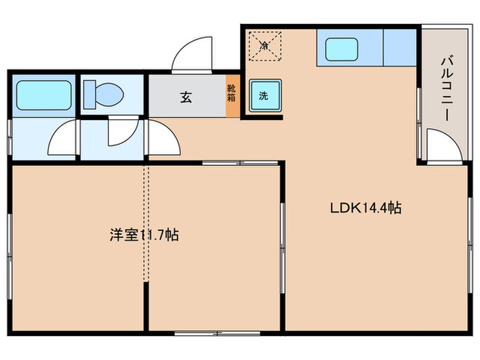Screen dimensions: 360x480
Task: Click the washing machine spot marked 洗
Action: click(264, 97)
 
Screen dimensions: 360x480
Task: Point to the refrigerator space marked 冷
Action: click(265, 46)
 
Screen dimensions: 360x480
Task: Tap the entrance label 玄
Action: click(186, 97)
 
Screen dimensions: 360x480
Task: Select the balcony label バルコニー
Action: click(446, 89)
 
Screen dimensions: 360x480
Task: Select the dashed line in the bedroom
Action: click(145, 226)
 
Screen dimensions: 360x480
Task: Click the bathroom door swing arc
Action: click(61, 139)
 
